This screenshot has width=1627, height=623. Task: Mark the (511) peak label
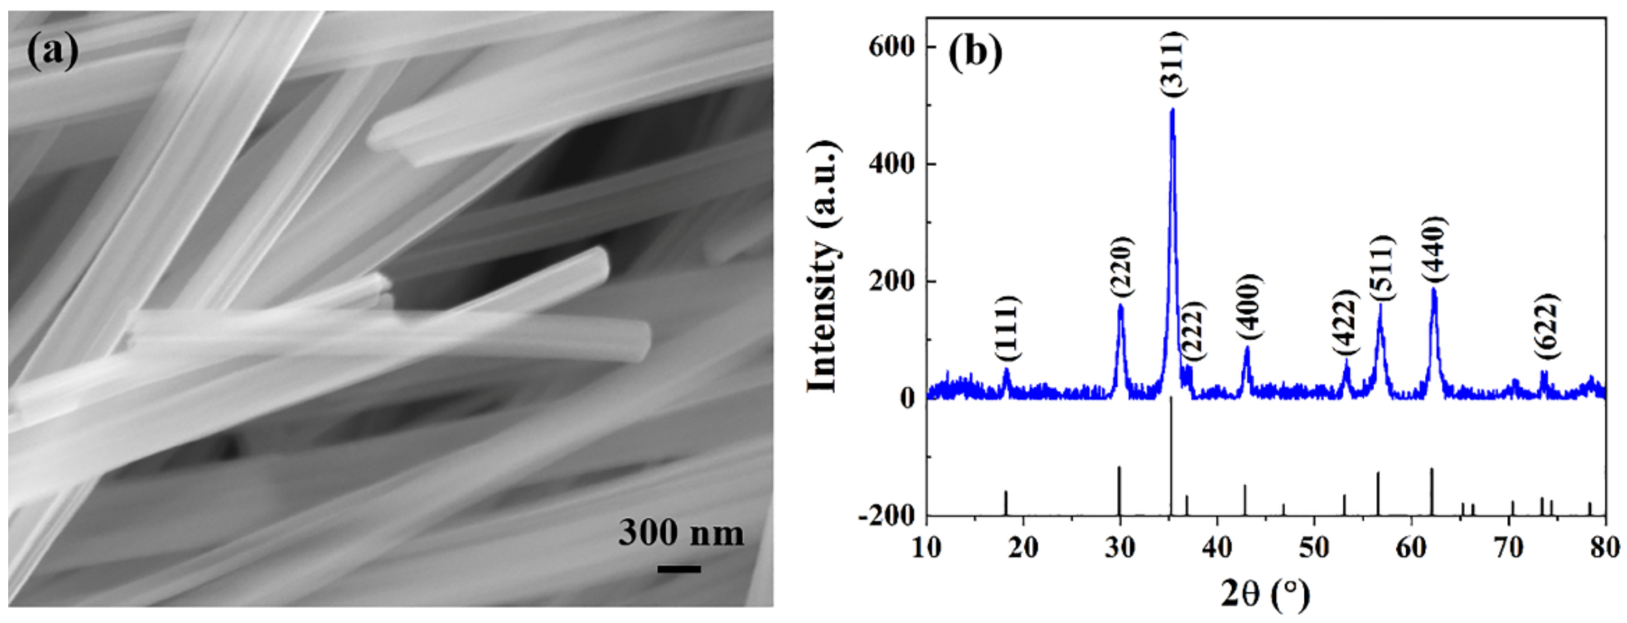click(x=1381, y=268)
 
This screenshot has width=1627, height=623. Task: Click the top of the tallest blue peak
click(x=1173, y=110)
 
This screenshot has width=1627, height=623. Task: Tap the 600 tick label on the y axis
click(x=891, y=47)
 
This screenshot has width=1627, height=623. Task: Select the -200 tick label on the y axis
click(x=886, y=517)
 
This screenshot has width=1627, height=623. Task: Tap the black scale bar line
click(x=679, y=569)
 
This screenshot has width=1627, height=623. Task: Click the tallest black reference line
click(x=1171, y=455)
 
